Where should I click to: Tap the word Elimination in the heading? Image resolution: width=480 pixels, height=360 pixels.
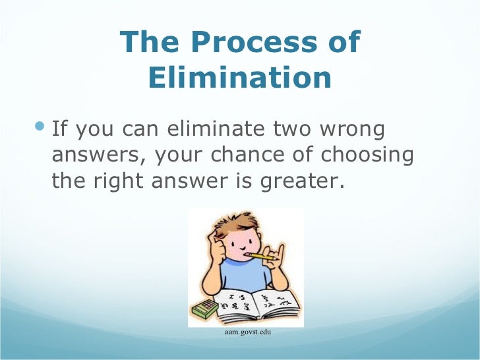click(240, 78)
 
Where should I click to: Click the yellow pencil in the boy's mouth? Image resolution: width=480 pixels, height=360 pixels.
click(264, 255)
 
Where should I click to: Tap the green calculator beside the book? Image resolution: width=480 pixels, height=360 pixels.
click(204, 309)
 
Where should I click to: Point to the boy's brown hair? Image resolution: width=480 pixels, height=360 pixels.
click(241, 224)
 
